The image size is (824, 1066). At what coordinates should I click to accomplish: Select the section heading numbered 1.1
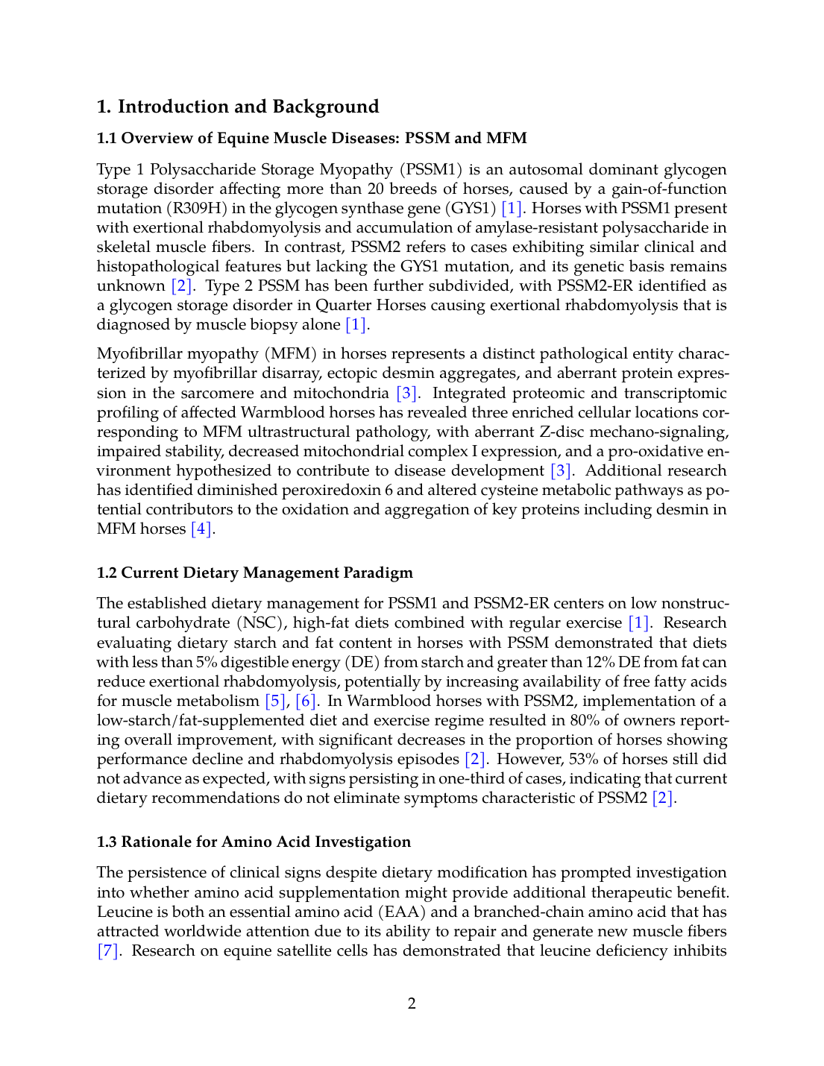(312, 138)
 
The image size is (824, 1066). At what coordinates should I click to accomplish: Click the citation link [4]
(201, 529)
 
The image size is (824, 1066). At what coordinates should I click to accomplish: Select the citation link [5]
(275, 701)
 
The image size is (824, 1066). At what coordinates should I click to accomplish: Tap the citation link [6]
(306, 701)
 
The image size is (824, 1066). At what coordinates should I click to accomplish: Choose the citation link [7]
(108, 950)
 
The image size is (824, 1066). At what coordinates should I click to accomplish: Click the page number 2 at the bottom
(412, 1003)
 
